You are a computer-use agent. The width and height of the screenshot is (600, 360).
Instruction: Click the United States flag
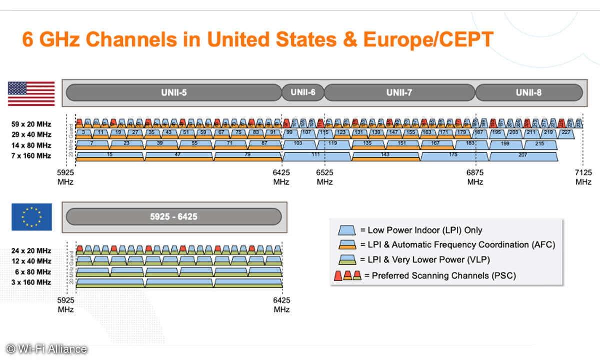click(x=31, y=93)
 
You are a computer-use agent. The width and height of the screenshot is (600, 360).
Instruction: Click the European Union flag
click(x=31, y=217)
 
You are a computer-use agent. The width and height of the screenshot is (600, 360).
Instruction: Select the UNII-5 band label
click(x=174, y=92)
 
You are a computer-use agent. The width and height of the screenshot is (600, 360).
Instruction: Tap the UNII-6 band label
click(x=303, y=92)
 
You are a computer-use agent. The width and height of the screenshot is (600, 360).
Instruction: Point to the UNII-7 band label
click(x=399, y=92)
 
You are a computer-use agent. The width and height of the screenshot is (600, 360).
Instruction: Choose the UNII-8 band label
click(x=529, y=92)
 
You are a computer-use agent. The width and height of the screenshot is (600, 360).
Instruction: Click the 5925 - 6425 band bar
click(x=174, y=216)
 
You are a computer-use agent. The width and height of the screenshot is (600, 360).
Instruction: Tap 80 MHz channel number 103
click(x=298, y=144)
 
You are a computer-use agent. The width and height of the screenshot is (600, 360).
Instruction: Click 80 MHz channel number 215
click(x=540, y=144)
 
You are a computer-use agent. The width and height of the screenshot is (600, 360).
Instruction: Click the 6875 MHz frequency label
click(x=475, y=177)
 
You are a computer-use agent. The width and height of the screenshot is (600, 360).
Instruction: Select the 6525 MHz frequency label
click(x=324, y=177)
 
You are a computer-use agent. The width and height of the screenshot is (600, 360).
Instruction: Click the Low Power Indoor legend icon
click(x=347, y=230)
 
